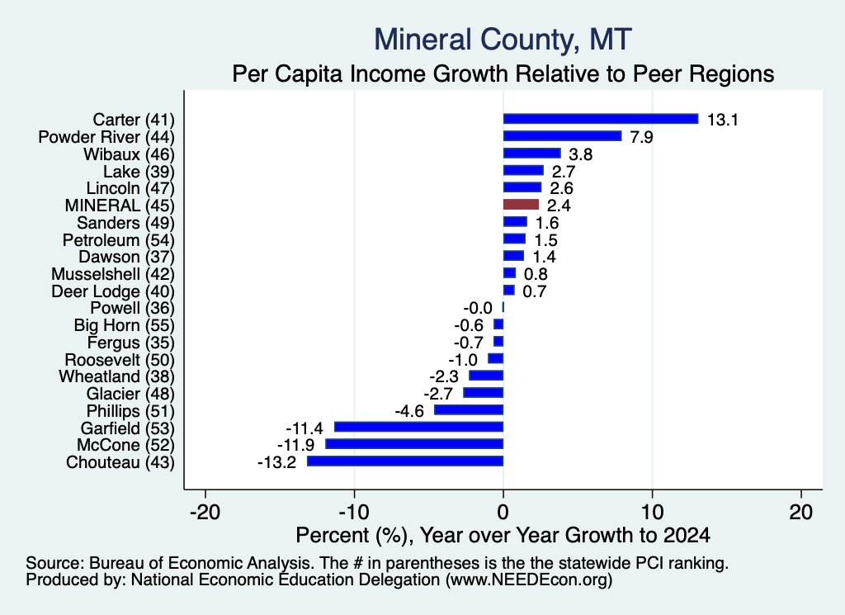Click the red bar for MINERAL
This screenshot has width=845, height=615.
pyautogui.click(x=521, y=204)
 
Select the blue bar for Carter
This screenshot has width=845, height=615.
pyautogui.click(x=601, y=119)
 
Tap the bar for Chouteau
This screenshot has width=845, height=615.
pyautogui.click(x=405, y=461)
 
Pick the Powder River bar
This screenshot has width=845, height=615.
pyautogui.click(x=562, y=136)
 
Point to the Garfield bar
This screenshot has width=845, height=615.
pyautogui.click(x=418, y=427)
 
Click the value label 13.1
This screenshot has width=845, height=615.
pyautogui.click(x=722, y=120)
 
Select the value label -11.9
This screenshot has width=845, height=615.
pyautogui.click(x=296, y=445)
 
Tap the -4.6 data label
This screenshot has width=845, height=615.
pyautogui.click(x=409, y=411)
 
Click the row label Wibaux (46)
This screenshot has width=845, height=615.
pyautogui.click(x=130, y=154)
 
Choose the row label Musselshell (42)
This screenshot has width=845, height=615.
pyautogui.click(x=113, y=274)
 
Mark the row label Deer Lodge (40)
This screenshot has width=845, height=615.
pyautogui.click(x=113, y=291)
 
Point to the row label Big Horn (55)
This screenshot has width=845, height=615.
pyautogui.click(x=125, y=325)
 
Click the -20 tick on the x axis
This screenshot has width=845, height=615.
pyautogui.click(x=205, y=512)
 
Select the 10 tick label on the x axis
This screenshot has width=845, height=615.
pyautogui.click(x=652, y=512)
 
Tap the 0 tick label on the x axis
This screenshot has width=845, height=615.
pyautogui.click(x=503, y=512)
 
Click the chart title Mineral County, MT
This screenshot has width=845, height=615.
pyautogui.click(x=503, y=40)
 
